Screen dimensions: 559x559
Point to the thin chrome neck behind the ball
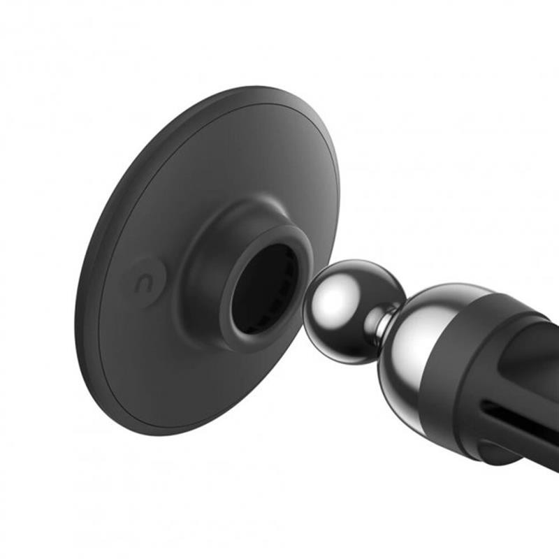coord(384,323)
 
